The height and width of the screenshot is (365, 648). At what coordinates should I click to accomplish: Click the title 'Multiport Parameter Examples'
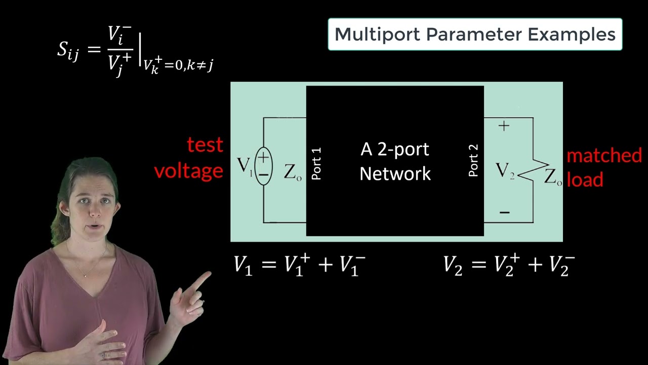tap(475, 34)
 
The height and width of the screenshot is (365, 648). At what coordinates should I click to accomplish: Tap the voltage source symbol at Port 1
tap(263, 166)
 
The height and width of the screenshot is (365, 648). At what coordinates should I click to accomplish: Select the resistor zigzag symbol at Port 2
tap(532, 171)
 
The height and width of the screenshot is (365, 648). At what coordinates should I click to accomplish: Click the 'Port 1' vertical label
tap(316, 164)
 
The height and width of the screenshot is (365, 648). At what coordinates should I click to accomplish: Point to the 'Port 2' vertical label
tap(473, 161)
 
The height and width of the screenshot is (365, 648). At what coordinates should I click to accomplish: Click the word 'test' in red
tap(205, 145)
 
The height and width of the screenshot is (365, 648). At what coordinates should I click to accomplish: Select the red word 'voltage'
tap(188, 171)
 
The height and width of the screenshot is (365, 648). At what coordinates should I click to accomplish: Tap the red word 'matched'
tap(604, 156)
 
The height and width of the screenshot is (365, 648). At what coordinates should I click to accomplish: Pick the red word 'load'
tap(585, 180)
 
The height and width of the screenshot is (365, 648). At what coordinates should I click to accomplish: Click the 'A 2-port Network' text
tap(395, 161)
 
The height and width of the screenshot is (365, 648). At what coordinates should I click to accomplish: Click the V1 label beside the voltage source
tap(245, 165)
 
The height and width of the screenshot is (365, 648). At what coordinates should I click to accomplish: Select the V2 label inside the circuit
tap(505, 171)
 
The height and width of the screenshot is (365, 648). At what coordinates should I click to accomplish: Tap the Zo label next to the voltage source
tap(293, 172)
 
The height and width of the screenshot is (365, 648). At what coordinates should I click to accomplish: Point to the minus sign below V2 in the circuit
tap(504, 212)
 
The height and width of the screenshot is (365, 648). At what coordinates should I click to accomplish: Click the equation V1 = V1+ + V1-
tap(299, 265)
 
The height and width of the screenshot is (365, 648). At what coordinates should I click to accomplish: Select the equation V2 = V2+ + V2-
tap(509, 265)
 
